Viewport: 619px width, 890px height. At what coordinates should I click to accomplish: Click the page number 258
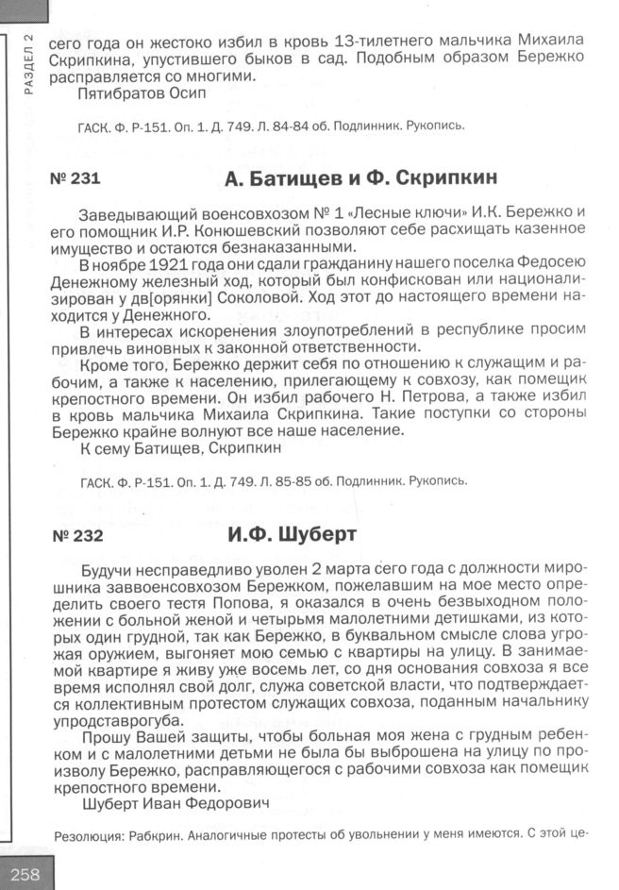pyautogui.click(x=25, y=873)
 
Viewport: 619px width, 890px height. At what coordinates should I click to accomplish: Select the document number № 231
pyautogui.click(x=74, y=178)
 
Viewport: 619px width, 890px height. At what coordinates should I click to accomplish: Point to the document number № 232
pyautogui.click(x=74, y=536)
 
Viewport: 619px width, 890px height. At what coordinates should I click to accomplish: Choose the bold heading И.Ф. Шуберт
pyautogui.click(x=292, y=535)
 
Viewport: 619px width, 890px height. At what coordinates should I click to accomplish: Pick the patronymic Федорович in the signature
pyautogui.click(x=225, y=803)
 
